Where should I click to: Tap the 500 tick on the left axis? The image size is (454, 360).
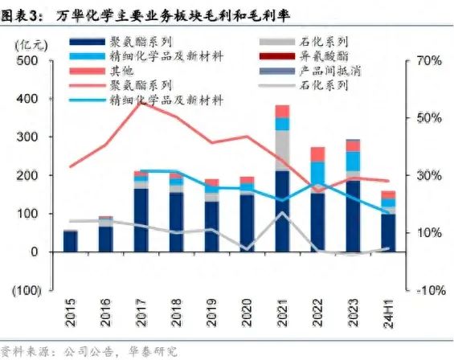[27, 61]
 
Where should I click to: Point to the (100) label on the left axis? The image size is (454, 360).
[24, 290]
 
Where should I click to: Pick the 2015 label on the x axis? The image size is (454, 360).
[71, 314]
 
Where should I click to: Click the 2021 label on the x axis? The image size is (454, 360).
[282, 314]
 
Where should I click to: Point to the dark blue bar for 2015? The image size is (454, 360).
[71, 241]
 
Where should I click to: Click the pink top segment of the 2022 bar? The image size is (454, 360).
[317, 154]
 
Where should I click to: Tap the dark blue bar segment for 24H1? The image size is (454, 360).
[388, 232]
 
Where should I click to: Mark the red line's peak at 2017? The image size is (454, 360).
[141, 103]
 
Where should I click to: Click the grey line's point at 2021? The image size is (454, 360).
[282, 213]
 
